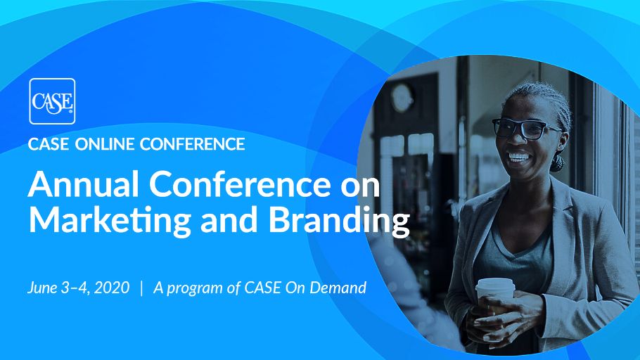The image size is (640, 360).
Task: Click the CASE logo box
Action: pyautogui.click(x=52, y=101)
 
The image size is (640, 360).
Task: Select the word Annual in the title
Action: pyautogui.click(x=75, y=184)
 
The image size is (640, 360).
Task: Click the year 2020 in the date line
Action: pyautogui.click(x=113, y=288)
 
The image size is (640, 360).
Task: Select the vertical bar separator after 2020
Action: pyautogui.click(x=142, y=288)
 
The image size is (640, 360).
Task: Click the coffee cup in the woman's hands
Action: pyautogui.click(x=496, y=295)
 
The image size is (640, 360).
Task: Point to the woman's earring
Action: pyautogui.click(x=558, y=163)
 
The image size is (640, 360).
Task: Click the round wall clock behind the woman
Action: pyautogui.click(x=402, y=97)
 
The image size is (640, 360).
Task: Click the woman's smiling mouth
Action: pyautogui.click(x=520, y=156)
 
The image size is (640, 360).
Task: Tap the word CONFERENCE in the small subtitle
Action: pyautogui.click(x=192, y=145)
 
